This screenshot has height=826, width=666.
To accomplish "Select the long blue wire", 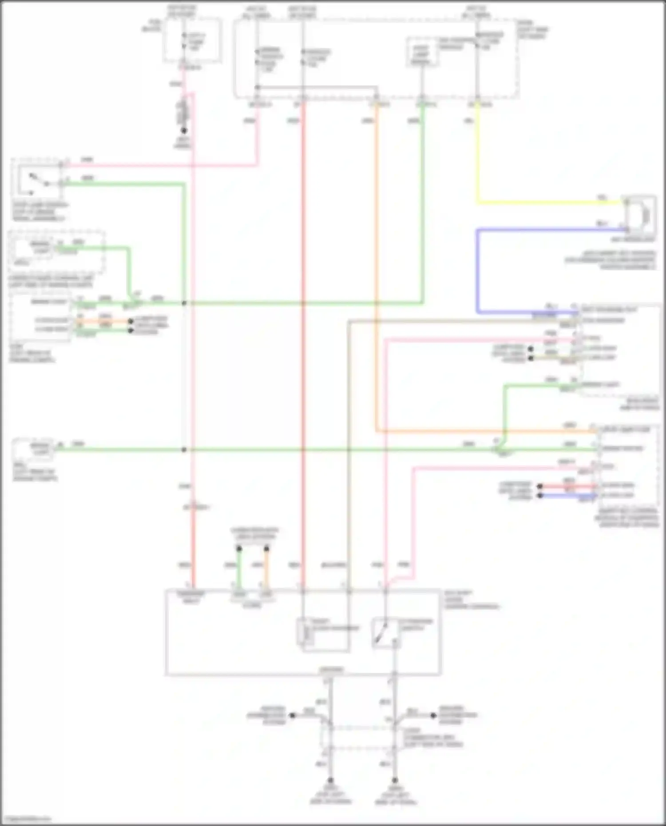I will coord(478,271).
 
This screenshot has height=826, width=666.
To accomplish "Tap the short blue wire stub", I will coord(568,495).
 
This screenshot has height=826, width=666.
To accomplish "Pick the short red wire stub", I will coord(568,486).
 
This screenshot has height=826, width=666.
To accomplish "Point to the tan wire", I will coord(349,444).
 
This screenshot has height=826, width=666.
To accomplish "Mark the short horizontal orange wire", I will coord(104,321).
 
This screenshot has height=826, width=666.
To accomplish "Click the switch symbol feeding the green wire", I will coord(38,180).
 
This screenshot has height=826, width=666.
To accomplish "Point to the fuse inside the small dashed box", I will coord(184,42).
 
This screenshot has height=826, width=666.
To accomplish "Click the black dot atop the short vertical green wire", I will coord(239,549).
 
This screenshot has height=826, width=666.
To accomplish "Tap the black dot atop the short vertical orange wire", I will coord(266,549).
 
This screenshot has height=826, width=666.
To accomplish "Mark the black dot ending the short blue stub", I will coord(540,495).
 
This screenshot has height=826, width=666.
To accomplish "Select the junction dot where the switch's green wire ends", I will coord(184,303).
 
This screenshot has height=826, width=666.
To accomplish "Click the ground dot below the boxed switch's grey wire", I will coord(394,780).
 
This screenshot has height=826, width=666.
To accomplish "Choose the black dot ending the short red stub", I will coord(540,486).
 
